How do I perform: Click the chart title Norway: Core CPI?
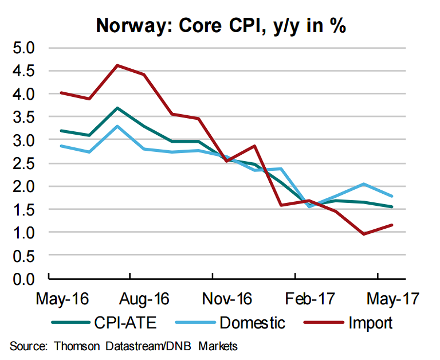[x=221, y=25]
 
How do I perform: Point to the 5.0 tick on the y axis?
[x=23, y=47]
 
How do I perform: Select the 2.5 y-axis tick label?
[x=23, y=163]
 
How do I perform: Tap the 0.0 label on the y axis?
[x=23, y=279]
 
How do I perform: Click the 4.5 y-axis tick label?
[x=23, y=71]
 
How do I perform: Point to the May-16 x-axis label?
[x=60, y=299]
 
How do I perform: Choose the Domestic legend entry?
[x=252, y=322]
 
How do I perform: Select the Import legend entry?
[x=370, y=322]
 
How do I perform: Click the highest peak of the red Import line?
[x=117, y=65]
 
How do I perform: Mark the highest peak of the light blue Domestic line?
[x=117, y=126]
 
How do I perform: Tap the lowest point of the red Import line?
[x=363, y=234]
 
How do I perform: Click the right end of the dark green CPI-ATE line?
[x=391, y=207]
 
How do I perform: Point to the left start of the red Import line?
[x=61, y=92]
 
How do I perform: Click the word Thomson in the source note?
[x=76, y=346]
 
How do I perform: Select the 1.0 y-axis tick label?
[x=23, y=233]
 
